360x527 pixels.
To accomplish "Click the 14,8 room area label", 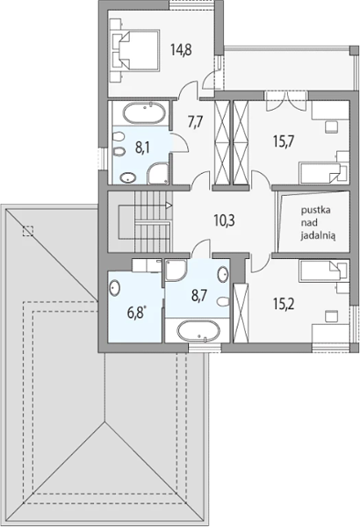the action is pyautogui.click(x=181, y=50).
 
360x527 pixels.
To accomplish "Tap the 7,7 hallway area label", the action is pyautogui.click(x=195, y=122).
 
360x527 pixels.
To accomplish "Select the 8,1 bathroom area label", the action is pyautogui.click(x=142, y=148).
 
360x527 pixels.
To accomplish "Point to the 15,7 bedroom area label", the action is pyautogui.click(x=284, y=141).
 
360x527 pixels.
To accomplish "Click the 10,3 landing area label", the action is pyautogui.click(x=224, y=220).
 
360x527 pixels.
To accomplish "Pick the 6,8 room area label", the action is pyautogui.click(x=136, y=313).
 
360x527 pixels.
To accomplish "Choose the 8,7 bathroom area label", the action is pyautogui.click(x=199, y=296).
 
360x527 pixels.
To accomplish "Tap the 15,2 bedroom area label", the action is pyautogui.click(x=284, y=305).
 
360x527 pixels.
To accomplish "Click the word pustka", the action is pyautogui.click(x=315, y=211).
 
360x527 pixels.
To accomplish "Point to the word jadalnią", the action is pyautogui.click(x=318, y=236).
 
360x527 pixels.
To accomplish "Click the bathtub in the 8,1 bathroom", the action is pyautogui.click(x=144, y=113).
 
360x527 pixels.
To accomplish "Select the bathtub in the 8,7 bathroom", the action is pyautogui.click(x=198, y=331).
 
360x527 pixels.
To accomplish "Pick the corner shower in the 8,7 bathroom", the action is pyautogui.click(x=176, y=270).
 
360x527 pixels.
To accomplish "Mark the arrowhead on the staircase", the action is pyautogui.click(x=169, y=205).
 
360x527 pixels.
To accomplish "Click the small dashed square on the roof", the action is pyautogui.click(x=28, y=231).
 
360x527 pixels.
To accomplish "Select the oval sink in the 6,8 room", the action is pyautogui.click(x=114, y=288).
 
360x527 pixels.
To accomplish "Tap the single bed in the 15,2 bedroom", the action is pyautogui.click(x=323, y=271).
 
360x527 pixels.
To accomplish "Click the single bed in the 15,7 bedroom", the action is pyautogui.click(x=323, y=173).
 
